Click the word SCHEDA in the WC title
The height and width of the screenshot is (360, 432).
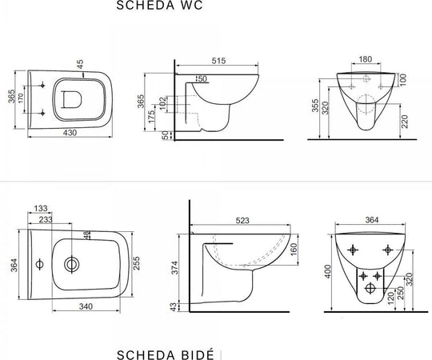point(145,5)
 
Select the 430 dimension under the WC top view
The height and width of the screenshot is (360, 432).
point(70,133)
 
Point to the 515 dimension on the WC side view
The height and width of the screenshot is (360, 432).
point(218,61)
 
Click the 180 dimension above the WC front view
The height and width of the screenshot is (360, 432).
point(366,59)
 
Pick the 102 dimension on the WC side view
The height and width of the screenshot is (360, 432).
point(163,103)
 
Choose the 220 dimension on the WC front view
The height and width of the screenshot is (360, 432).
point(405,122)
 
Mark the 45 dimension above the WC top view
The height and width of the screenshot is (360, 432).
point(80,65)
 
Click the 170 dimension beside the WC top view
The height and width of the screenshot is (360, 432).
point(21,98)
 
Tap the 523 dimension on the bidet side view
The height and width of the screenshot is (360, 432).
point(242,220)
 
